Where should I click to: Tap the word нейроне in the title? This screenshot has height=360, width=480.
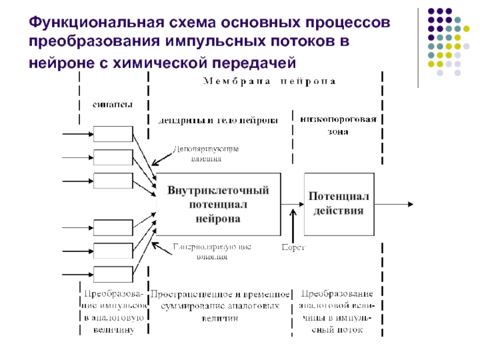pos(59,61)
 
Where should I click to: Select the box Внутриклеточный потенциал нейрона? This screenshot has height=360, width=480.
pos(218,205)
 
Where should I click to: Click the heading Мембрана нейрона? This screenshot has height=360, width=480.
pos(270,80)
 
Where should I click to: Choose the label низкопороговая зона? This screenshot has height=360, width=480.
pos(338,124)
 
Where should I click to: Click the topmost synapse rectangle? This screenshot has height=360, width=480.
pos(113,134)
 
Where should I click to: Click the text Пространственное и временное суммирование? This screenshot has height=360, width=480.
pos(221,300)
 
